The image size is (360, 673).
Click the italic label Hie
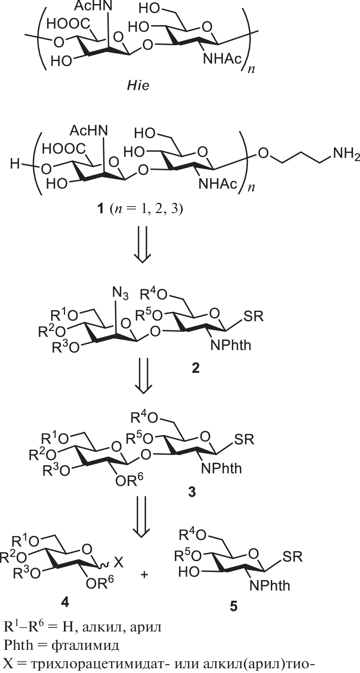138,86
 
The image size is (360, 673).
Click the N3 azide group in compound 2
120,294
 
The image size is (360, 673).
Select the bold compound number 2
195,368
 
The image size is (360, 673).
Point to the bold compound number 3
192,492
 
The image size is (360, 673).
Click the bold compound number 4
65,602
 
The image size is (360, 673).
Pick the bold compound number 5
234,606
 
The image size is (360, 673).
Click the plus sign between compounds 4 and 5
144,574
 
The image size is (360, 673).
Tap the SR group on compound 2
253,316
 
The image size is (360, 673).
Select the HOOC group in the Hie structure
68,24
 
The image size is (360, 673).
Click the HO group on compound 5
189,572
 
